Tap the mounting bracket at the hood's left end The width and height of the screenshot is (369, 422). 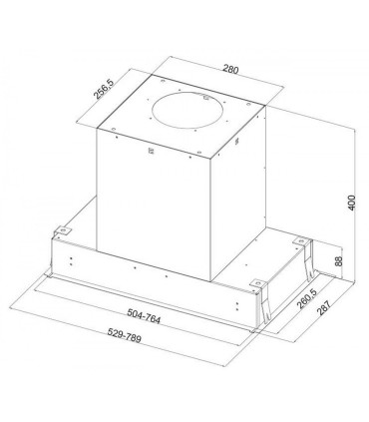coord(61,230)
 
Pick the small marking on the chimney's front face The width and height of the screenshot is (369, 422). coord(151,153)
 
